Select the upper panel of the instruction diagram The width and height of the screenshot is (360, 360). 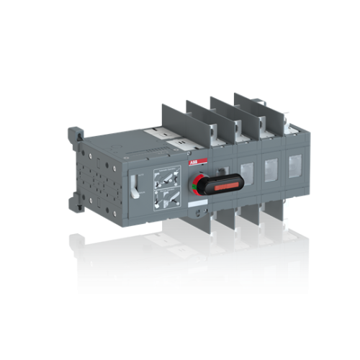coord(165,175)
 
